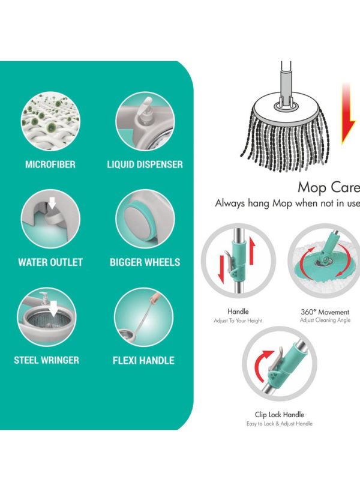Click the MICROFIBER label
coord(50,164)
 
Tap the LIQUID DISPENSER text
coord(145,164)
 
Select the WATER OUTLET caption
coord(50,262)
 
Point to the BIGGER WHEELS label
coord(145,262)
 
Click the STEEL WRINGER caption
coord(47,360)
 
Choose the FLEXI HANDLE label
coord(143,360)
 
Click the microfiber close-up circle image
coord(51,121)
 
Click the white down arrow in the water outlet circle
coord(52,205)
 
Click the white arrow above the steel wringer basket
coord(54,308)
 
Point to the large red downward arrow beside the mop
coord(347,113)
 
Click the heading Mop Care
coord(329,187)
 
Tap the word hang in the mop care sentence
coord(259,203)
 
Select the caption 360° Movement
coord(325,312)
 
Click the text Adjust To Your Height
coord(238,321)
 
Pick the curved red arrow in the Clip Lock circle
coord(263,363)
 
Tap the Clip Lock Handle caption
coord(280,415)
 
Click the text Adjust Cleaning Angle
coord(325,320)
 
